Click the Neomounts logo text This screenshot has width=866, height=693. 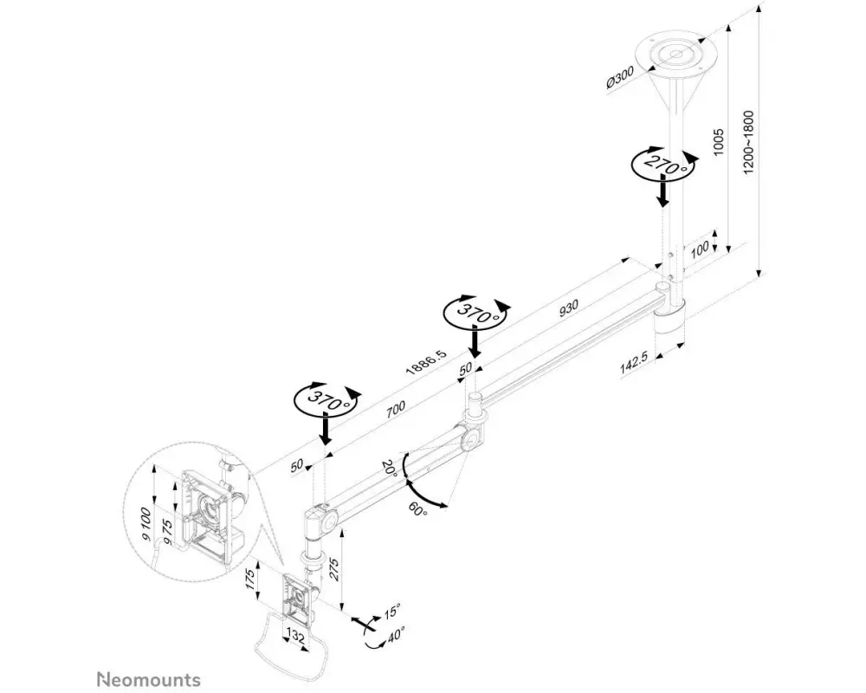pos(149,679)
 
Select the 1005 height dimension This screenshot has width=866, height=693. pos(718,141)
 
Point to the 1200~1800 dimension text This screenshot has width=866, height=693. pos(748,143)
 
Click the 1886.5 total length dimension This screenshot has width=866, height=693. pos(426,362)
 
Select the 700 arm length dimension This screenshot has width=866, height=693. pos(395,409)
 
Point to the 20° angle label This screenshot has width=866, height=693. pos(389,468)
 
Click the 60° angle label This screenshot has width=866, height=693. pos(418,509)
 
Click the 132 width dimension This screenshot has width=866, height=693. pos(296,638)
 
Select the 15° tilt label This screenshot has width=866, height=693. pos(392,612)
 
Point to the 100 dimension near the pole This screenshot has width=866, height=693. pos(700,249)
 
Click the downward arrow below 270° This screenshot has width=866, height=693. pos(662,191)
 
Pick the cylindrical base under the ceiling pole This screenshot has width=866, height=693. pos(669,325)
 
